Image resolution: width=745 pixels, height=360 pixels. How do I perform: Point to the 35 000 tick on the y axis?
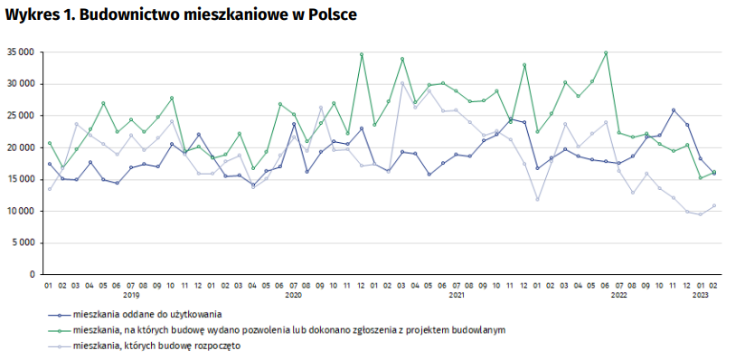pos(20,52)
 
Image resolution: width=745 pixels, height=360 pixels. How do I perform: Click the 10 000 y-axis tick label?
pos(20,211)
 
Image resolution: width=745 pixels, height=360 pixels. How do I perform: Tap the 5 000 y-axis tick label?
pos(23,242)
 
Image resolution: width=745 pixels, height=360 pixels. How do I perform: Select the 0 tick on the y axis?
pos(32,274)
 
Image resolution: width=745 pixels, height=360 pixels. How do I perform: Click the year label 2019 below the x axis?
pos(131,295)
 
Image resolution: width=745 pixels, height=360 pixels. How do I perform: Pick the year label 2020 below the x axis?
pos(294,295)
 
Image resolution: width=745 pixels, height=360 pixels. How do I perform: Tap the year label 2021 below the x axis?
pos(457,295)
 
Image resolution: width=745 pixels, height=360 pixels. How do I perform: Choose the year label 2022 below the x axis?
pos(619,295)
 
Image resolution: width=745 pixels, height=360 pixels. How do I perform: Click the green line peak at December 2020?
pos(362,54)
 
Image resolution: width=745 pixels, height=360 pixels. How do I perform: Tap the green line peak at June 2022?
pos(606,52)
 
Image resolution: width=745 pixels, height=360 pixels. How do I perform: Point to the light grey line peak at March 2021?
pos(402,83)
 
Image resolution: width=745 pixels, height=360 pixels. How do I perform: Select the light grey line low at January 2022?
pos(538,199)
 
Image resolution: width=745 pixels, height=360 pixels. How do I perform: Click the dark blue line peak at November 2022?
pos(674,110)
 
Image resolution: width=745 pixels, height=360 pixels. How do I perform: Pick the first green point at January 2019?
pos(50,143)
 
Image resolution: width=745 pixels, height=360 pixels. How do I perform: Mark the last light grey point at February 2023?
pos(714,205)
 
